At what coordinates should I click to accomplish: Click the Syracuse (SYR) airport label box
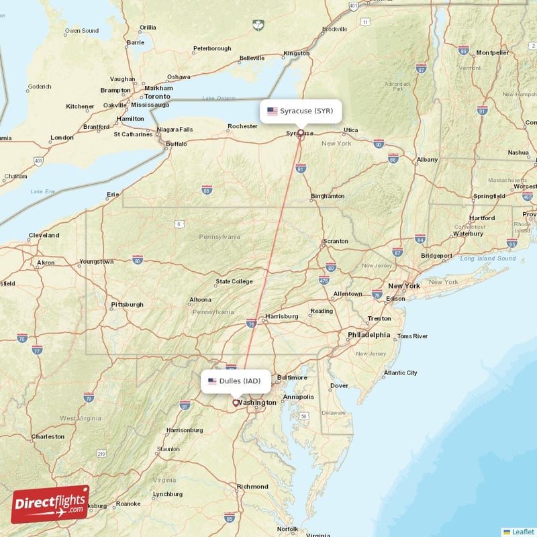[301, 111]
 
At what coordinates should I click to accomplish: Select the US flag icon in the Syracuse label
[272, 111]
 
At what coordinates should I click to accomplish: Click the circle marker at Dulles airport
[235, 403]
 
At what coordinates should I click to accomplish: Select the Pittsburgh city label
[128, 304]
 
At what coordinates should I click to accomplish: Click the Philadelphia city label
[369, 334]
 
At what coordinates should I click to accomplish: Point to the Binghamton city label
[328, 196]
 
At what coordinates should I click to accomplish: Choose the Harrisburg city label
[282, 316]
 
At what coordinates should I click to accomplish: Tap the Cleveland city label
[44, 236]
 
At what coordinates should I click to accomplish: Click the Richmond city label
[252, 487]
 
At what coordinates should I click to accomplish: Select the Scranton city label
[336, 241]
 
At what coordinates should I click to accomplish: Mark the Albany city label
[427, 160]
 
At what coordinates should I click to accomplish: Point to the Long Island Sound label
[488, 258]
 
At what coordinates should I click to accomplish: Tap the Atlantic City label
[400, 373]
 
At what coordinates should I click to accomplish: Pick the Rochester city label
[242, 126]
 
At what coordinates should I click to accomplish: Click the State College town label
[234, 281]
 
